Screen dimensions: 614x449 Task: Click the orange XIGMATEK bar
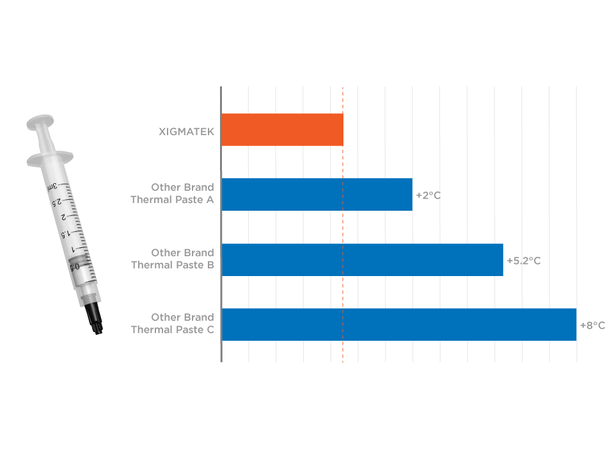pos(282,130)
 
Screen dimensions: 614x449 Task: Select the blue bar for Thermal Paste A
pos(317,195)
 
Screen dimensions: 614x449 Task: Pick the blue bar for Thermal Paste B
pos(362,260)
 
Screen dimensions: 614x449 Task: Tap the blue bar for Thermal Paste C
pos(399,325)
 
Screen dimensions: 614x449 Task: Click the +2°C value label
pos(428,195)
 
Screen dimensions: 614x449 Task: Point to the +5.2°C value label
pos(524,261)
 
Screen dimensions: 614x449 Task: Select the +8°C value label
pos(592,325)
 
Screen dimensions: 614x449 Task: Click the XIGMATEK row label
pos(186,132)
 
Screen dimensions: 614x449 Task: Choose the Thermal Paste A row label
pos(172,193)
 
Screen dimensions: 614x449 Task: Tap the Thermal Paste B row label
pos(173,259)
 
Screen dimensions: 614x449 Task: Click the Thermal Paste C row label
pos(173,323)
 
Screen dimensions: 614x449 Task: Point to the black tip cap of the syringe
pos(94,318)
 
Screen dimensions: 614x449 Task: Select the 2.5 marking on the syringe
pos(57,202)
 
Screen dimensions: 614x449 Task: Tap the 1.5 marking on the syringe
pos(65,234)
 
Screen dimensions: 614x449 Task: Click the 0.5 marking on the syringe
pos(74,267)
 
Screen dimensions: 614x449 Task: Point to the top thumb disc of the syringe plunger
pos(40,122)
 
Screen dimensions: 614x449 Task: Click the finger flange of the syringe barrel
pos(50,158)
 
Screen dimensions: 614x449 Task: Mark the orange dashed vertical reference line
pos(343,224)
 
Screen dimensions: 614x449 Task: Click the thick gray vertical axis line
pos(221,224)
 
